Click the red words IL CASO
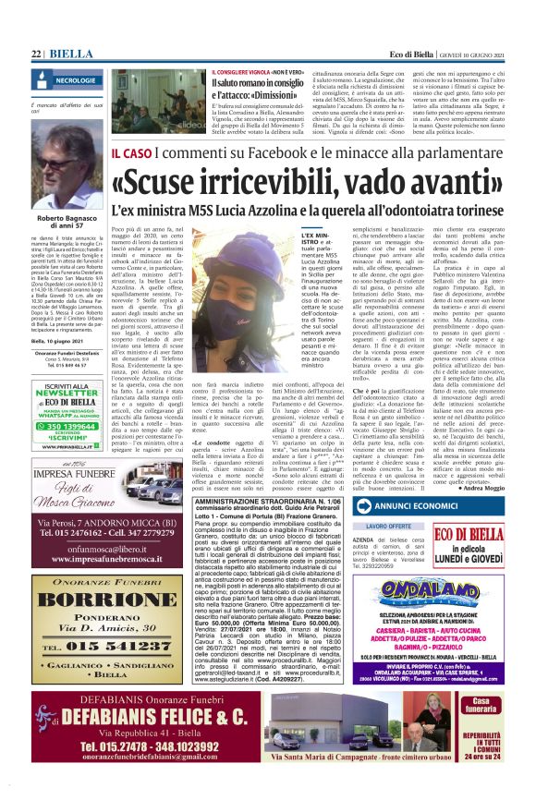[129, 151]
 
